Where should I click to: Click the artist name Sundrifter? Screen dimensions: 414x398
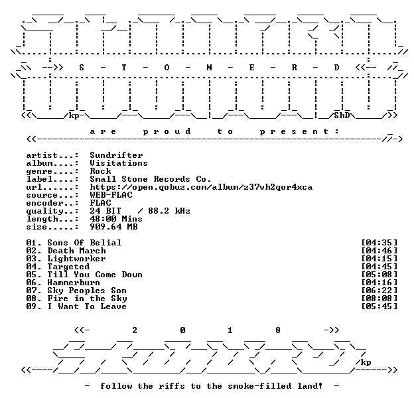(x=116, y=155)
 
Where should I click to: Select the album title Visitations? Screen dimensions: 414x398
(x=119, y=163)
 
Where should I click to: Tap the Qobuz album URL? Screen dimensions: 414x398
(x=201, y=187)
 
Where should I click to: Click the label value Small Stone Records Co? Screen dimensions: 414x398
(x=151, y=179)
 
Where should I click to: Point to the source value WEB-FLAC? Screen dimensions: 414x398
(x=111, y=195)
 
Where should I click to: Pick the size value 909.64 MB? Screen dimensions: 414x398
(x=113, y=227)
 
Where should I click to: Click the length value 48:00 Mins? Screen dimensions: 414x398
(x=116, y=219)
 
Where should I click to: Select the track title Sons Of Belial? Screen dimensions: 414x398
(x=84, y=243)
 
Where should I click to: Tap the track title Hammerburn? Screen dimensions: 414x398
(x=74, y=283)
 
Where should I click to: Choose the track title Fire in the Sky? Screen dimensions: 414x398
(x=87, y=298)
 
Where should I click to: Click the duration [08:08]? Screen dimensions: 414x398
(x=379, y=298)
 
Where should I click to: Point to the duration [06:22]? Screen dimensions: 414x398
(x=379, y=291)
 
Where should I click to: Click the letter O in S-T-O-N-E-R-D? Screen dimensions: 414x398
(x=167, y=68)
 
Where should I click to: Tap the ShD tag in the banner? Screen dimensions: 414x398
(x=342, y=115)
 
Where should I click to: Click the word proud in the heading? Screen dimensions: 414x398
(x=167, y=131)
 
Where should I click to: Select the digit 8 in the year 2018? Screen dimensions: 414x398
(x=278, y=330)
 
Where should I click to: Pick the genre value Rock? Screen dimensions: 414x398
(x=100, y=171)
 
